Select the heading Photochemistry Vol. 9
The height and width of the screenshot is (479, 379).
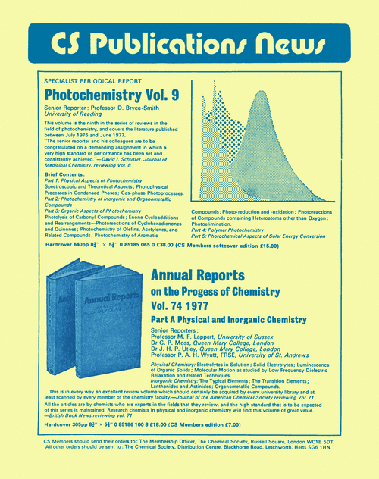111,96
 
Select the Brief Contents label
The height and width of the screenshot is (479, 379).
64,174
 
